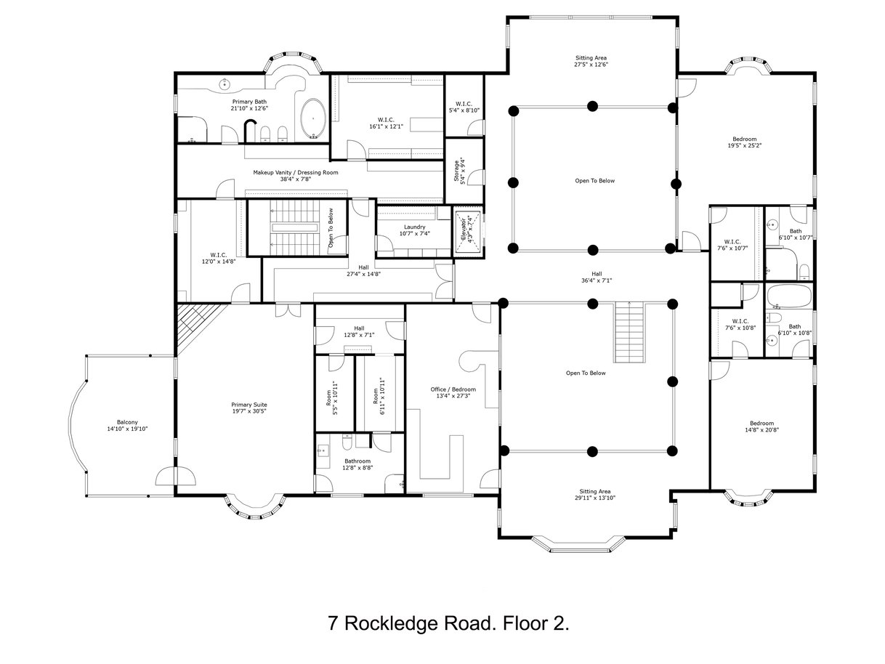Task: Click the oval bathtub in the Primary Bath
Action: [x=313, y=119]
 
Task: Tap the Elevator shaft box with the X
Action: [x=468, y=232]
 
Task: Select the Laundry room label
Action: [x=414, y=230]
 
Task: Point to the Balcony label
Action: [x=127, y=425]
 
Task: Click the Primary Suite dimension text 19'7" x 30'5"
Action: [x=248, y=411]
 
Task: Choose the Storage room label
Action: [x=460, y=171]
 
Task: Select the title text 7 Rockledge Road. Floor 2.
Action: [x=448, y=623]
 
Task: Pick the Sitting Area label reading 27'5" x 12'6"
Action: [x=591, y=61]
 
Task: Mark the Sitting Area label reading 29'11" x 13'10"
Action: [x=595, y=495]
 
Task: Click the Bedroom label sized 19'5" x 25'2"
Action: [x=745, y=142]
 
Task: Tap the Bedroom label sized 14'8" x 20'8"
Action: [x=761, y=426]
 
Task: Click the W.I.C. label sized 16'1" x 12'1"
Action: [x=387, y=123]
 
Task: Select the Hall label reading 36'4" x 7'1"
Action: [x=597, y=277]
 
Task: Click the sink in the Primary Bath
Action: [x=225, y=84]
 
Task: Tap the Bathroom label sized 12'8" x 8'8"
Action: [x=357, y=464]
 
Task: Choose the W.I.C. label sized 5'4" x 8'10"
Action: [x=464, y=107]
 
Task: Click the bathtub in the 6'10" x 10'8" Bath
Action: [x=789, y=296]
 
